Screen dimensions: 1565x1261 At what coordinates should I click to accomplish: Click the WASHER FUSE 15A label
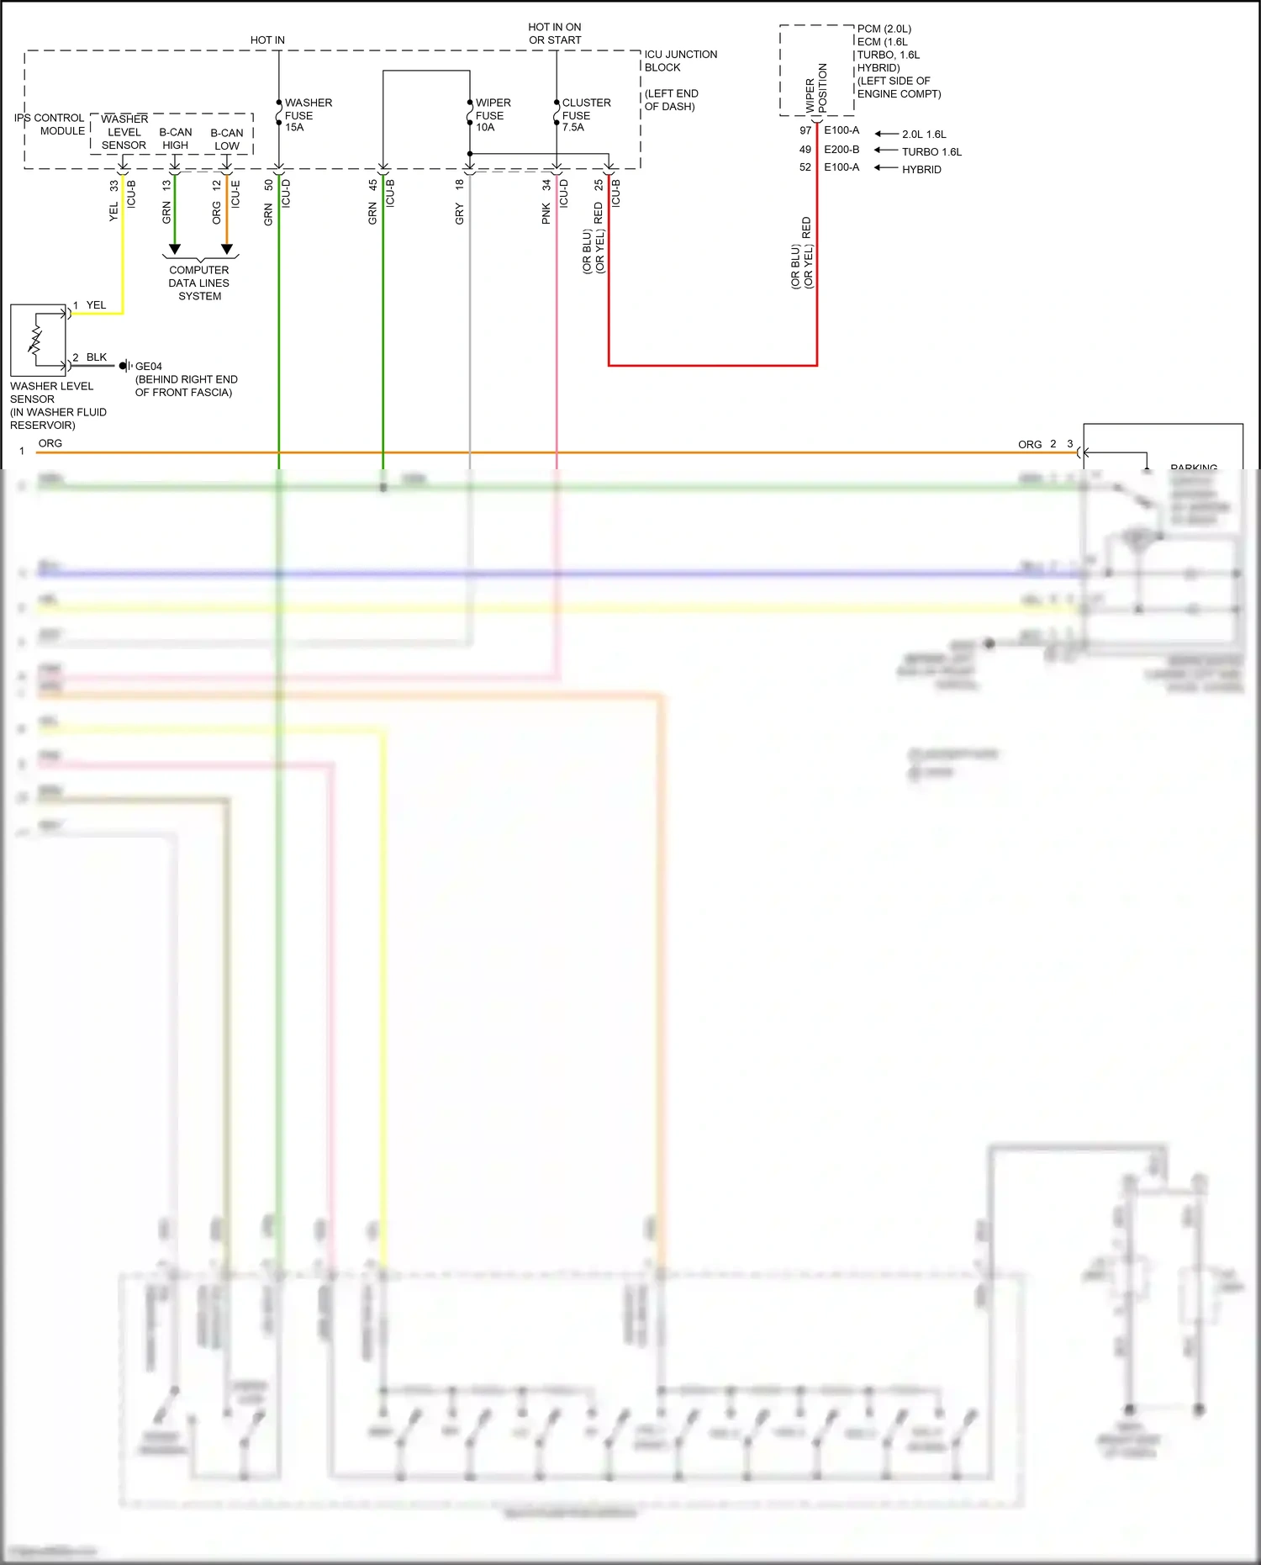pyautogui.click(x=307, y=115)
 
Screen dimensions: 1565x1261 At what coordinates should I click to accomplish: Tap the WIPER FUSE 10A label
pyautogui.click(x=492, y=115)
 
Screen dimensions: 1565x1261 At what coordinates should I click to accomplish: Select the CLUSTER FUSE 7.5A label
pyautogui.click(x=586, y=115)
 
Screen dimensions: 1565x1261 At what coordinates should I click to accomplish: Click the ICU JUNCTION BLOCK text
pyautogui.click(x=680, y=61)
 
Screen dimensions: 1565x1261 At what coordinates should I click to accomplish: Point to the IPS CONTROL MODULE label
pyautogui.click(x=50, y=124)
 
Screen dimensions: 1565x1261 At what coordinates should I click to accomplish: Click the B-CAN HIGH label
pyautogui.click(x=175, y=139)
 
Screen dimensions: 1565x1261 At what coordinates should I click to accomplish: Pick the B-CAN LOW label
pyautogui.click(x=227, y=140)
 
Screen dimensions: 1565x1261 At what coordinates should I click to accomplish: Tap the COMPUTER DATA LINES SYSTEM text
pyautogui.click(x=199, y=283)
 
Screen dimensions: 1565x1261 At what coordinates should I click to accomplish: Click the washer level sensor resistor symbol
pyautogui.click(x=35, y=340)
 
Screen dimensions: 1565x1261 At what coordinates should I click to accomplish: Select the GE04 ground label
pyautogui.click(x=148, y=367)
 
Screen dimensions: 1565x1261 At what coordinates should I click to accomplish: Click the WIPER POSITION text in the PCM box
pyautogui.click(x=816, y=88)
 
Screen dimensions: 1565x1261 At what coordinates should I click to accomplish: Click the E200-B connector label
pyautogui.click(x=842, y=150)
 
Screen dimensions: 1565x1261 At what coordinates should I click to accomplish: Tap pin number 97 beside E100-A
pyautogui.click(x=805, y=130)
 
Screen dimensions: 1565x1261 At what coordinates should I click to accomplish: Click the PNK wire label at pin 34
pyautogui.click(x=546, y=214)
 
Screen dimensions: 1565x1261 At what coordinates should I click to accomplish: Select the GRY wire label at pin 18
pyautogui.click(x=460, y=214)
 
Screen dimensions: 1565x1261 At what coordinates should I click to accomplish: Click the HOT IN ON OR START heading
pyautogui.click(x=555, y=34)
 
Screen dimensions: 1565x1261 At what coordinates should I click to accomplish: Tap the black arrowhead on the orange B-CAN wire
pyautogui.click(x=227, y=250)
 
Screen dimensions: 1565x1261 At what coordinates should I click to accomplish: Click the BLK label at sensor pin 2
pyautogui.click(x=97, y=357)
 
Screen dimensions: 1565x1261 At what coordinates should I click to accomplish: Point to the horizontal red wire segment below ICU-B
pyautogui.click(x=713, y=366)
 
